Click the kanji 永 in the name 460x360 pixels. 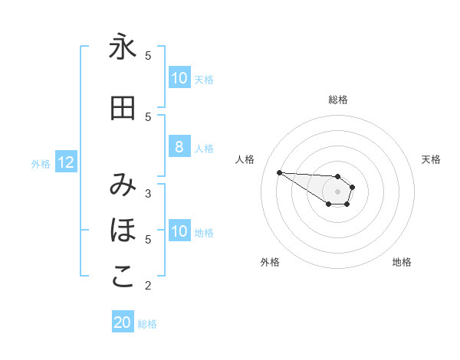(x=123, y=48)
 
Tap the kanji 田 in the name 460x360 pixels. (x=123, y=109)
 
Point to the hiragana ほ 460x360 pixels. (x=123, y=231)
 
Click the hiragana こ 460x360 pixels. (x=123, y=277)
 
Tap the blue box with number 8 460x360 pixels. (x=179, y=147)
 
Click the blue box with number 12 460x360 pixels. (x=66, y=162)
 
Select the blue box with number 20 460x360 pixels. (x=123, y=322)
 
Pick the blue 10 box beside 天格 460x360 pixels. (x=179, y=78)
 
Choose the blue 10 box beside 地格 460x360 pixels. (x=179, y=231)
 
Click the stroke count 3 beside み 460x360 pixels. (x=148, y=193)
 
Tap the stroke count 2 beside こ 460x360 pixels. (x=148, y=286)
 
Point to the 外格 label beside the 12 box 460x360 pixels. (x=41, y=163)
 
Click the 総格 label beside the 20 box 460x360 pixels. (x=147, y=323)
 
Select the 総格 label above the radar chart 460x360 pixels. (x=338, y=100)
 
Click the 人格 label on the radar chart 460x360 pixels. (x=245, y=159)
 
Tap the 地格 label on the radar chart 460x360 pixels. (x=402, y=262)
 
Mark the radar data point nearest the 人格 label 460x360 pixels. (x=279, y=172)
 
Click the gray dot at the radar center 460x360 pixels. (x=338, y=191)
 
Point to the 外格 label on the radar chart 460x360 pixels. (x=270, y=262)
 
